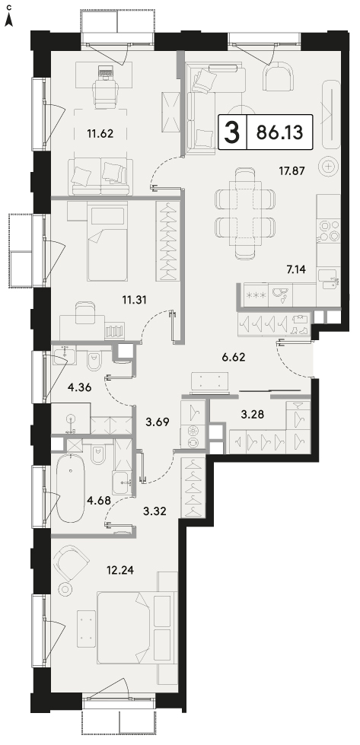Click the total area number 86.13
pyautogui.click(x=279, y=132)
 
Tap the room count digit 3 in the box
pyautogui.click(x=232, y=132)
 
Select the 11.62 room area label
pyautogui.click(x=100, y=133)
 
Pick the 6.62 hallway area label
pyautogui.click(x=233, y=357)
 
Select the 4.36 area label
pyautogui.click(x=79, y=387)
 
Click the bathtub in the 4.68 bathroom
pyautogui.click(x=70, y=488)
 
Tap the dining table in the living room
pyautogui.click(x=244, y=214)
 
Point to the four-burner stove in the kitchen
pyautogui.click(x=329, y=230)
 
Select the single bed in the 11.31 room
pyautogui.click(x=107, y=241)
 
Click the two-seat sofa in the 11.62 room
pyautogui.click(x=99, y=177)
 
